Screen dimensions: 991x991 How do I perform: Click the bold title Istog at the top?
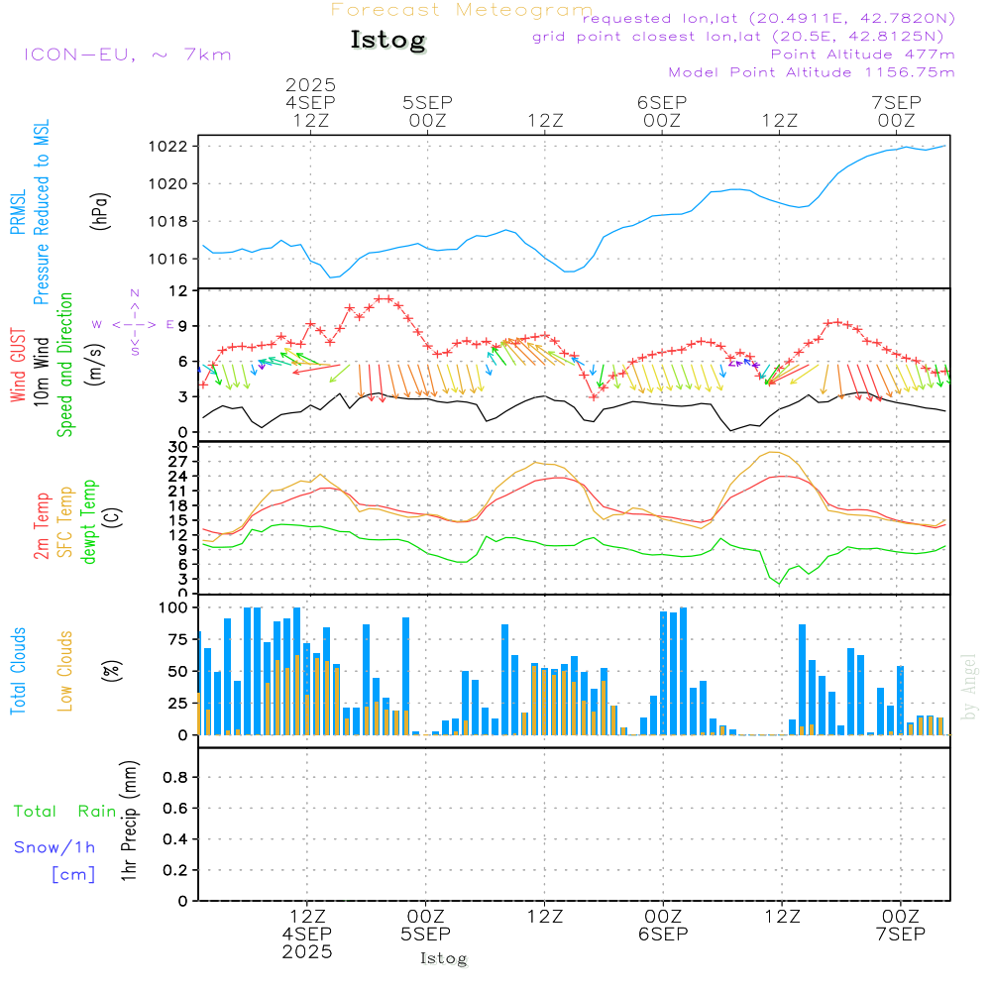coord(387,41)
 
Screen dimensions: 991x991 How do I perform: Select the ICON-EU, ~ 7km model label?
coord(127,55)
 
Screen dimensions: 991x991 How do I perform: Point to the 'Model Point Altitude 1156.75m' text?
coord(812,72)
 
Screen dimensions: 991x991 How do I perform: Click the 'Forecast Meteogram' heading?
coord(462,10)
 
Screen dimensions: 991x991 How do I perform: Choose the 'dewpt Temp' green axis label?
coord(90,521)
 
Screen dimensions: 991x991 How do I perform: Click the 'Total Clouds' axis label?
coord(19,671)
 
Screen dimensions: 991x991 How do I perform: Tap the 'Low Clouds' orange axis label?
coord(66,671)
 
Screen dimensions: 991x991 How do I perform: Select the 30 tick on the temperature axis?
coord(181,447)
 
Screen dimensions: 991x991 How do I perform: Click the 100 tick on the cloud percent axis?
coord(173,607)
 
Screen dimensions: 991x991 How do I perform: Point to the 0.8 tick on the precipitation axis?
coord(174,778)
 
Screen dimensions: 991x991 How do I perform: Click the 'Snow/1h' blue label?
coord(55,847)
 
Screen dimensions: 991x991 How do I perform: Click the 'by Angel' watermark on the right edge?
coord(970,686)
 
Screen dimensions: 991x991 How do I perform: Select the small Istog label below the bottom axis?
coord(443,958)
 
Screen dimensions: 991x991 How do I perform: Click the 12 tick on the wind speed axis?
coord(179,290)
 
